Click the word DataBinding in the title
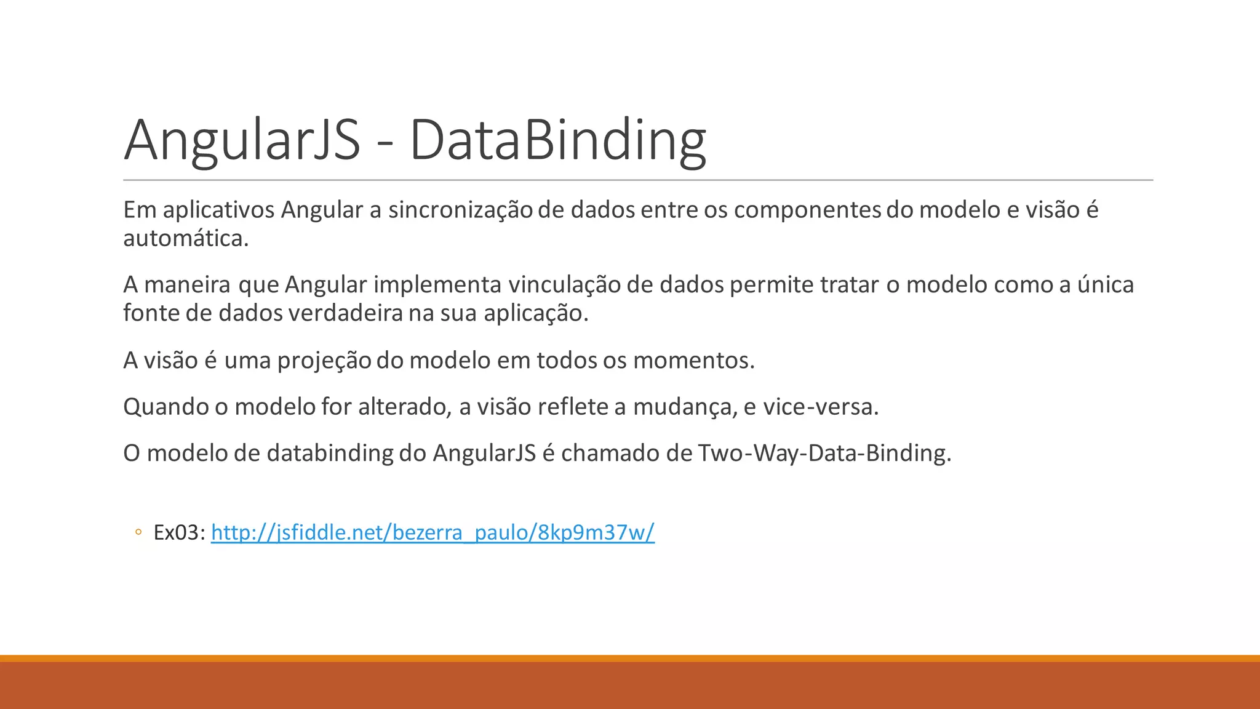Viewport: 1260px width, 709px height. coord(557,140)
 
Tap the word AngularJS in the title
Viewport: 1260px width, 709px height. coord(242,140)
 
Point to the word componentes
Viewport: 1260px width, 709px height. coord(807,210)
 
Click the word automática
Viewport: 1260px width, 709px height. coord(186,239)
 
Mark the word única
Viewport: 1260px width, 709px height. coord(1105,285)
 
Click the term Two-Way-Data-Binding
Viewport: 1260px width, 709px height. coord(824,454)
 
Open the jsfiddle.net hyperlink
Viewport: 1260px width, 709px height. coord(433,532)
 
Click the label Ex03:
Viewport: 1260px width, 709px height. coord(179,532)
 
